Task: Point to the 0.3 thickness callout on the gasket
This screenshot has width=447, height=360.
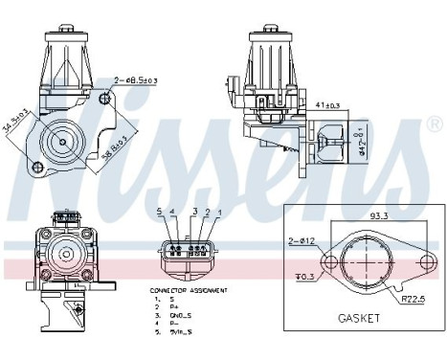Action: tap(304, 279)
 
